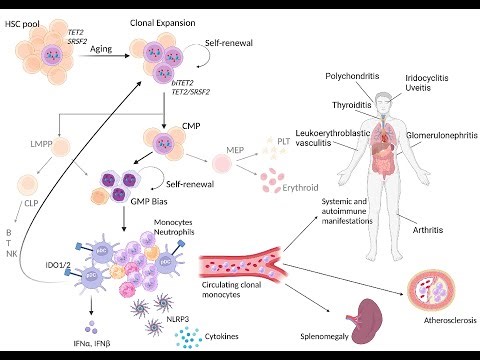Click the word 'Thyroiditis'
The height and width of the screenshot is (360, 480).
pos(327,104)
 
